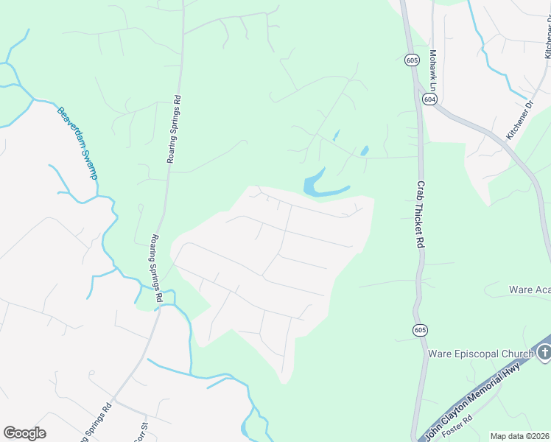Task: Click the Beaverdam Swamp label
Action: [77, 143]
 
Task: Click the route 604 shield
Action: [429, 99]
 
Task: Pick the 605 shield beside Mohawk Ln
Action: [412, 60]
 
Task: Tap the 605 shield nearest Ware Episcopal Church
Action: [419, 329]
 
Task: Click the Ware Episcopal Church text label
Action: [480, 354]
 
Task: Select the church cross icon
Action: [544, 352]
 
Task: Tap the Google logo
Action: [24, 433]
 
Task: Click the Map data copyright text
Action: [519, 436]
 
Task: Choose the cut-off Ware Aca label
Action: [530, 290]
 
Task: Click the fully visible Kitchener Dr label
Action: [519, 123]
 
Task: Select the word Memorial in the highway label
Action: [482, 389]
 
